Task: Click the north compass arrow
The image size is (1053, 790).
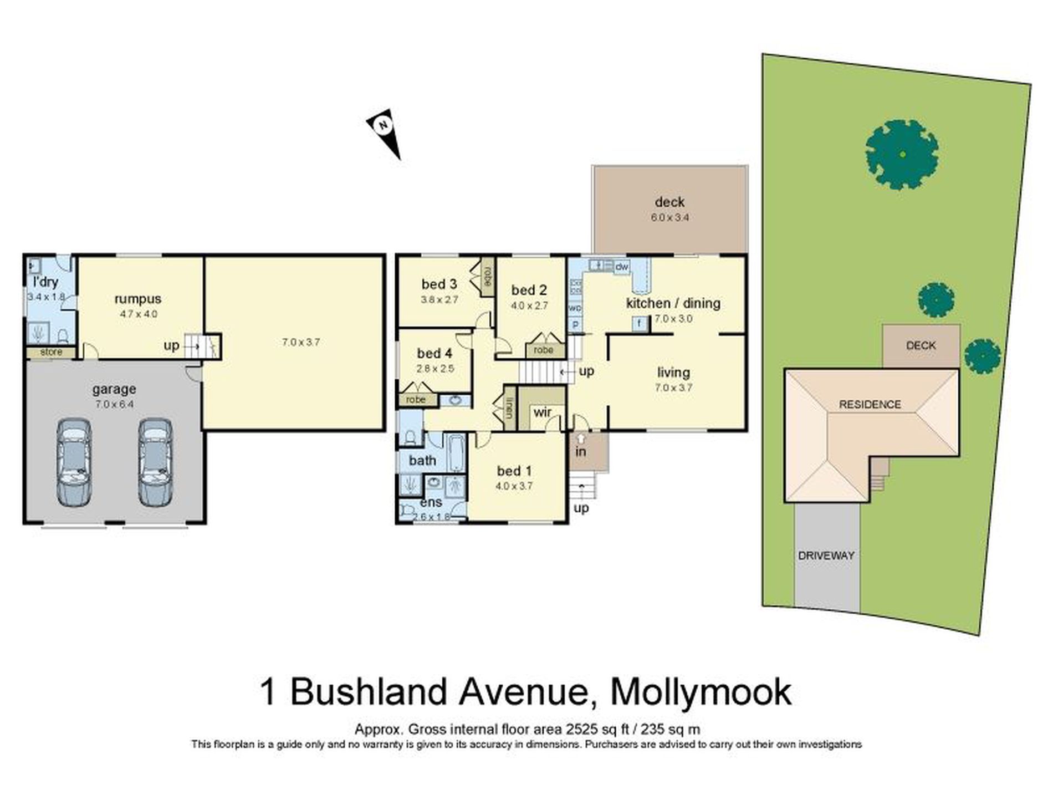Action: click(x=385, y=131)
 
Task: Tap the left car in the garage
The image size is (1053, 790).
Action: click(x=74, y=462)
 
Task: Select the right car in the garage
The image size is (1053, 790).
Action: click(x=156, y=462)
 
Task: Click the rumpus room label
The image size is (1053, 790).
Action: click(x=138, y=299)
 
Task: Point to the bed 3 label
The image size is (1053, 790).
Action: click(x=439, y=284)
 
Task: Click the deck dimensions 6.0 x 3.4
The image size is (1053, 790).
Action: click(x=669, y=218)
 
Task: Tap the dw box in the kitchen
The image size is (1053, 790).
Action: click(x=622, y=267)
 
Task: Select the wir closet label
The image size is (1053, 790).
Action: click(x=542, y=412)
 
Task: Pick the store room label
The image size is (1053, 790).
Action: click(x=52, y=352)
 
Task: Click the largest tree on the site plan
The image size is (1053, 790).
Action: click(x=902, y=155)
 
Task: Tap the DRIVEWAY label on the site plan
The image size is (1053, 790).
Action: click(x=826, y=555)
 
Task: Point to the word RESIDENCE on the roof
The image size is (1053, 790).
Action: click(x=870, y=405)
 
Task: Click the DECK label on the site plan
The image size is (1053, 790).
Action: click(x=921, y=346)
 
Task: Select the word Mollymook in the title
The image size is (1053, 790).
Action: click(x=701, y=692)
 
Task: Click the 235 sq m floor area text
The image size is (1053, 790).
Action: click(x=670, y=730)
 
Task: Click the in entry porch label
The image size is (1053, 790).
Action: click(x=580, y=452)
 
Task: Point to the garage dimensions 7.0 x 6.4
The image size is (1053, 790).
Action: click(x=114, y=404)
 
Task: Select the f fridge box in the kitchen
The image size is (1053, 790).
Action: click(x=640, y=323)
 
